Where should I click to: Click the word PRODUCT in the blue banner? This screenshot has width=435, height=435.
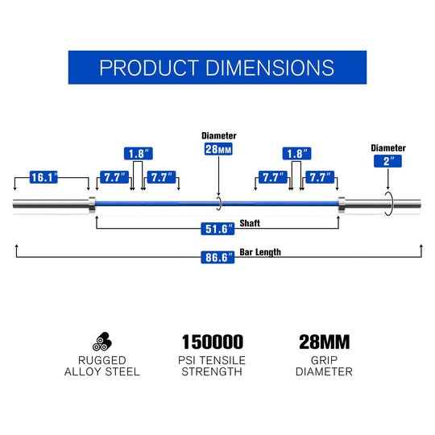point(149,68)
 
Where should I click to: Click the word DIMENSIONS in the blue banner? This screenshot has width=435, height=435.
point(270,68)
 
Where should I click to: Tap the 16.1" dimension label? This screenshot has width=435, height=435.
point(43,177)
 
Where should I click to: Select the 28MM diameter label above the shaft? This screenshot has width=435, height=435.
point(218,149)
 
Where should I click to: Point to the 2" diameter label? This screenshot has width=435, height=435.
point(387,161)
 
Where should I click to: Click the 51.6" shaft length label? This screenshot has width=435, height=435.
point(217,229)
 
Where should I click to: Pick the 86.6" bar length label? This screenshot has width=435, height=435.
point(217,258)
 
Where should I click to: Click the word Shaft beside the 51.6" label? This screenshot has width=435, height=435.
point(250,223)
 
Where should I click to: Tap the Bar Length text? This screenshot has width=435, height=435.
point(260,252)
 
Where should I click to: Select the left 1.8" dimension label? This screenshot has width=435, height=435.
point(139,153)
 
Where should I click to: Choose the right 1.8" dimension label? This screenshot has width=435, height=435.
point(296,153)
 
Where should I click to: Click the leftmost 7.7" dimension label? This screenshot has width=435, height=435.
point(114,177)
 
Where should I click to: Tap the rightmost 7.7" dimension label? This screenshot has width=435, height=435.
point(320,177)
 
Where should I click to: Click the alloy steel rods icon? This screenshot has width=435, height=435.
point(102,342)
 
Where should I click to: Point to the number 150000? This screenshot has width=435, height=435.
point(213,342)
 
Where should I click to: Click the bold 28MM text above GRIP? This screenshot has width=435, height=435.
point(325,342)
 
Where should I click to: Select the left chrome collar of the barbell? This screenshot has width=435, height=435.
point(92,205)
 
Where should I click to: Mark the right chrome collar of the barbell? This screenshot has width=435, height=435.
point(342,205)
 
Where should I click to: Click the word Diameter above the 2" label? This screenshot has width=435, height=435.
point(388,148)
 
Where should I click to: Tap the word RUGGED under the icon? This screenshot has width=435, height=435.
point(102,360)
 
